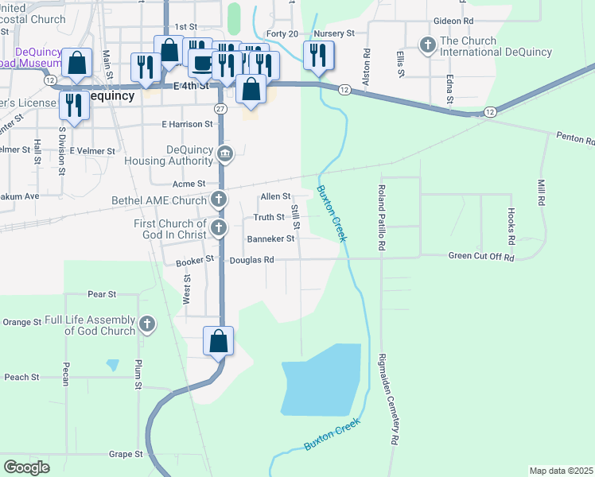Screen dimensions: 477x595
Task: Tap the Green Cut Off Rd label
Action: pyautogui.click(x=481, y=258)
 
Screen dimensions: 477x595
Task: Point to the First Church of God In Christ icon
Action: pyautogui.click(x=219, y=229)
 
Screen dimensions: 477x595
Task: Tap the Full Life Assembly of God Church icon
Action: pyautogui.click(x=146, y=324)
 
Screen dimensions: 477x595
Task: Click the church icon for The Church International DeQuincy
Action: pyautogui.click(x=428, y=45)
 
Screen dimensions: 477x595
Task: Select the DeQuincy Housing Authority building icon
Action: pyautogui.click(x=225, y=153)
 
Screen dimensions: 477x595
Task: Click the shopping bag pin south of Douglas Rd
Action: pyautogui.click(x=219, y=341)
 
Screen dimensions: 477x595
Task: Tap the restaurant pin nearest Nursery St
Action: pyautogui.click(x=317, y=55)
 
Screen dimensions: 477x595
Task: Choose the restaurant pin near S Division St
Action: pyautogui.click(x=75, y=105)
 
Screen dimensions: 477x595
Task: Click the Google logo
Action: pyautogui.click(x=27, y=467)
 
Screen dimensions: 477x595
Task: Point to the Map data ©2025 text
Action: pyautogui.click(x=561, y=471)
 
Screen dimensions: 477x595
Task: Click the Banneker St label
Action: pyautogui.click(x=270, y=238)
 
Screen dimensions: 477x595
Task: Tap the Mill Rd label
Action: pyautogui.click(x=541, y=192)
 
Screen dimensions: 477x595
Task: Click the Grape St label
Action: pyautogui.click(x=126, y=455)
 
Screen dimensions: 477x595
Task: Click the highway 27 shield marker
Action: pyautogui.click(x=220, y=108)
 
